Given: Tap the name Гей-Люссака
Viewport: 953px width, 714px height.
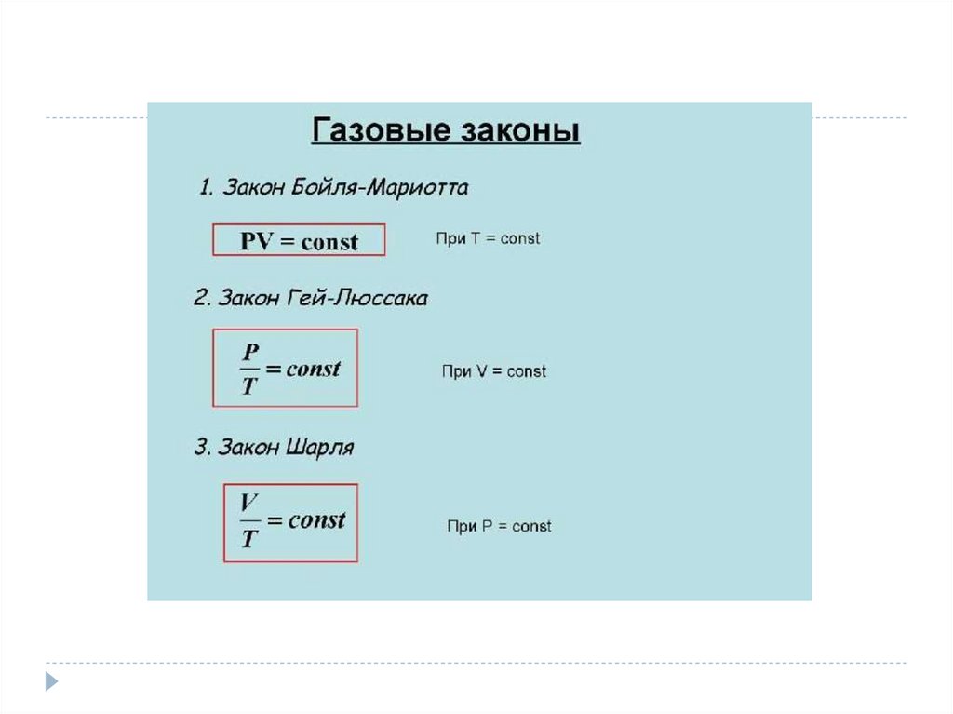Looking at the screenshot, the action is pos(369,298).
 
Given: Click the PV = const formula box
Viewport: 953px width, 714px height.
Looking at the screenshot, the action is pos(299,241).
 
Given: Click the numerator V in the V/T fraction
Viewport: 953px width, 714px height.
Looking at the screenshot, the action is pos(248,504).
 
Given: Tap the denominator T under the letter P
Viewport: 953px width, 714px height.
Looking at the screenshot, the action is pos(248,384).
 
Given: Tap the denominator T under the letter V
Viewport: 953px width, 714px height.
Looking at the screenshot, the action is pos(248,537).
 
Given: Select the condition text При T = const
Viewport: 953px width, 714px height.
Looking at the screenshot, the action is pos(488,238).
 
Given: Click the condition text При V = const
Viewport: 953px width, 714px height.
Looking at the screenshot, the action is pos(493,371).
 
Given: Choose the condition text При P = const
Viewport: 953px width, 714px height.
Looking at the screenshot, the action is pos(499,526).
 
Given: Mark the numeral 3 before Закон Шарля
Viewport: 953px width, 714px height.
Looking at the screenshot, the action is pos(201,447).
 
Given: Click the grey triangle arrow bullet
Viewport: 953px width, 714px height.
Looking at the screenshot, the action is pos(51,680).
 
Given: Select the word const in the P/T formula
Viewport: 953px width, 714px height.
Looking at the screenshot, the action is pos(314,369).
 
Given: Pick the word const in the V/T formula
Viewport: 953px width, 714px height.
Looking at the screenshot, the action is pos(316,520).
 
